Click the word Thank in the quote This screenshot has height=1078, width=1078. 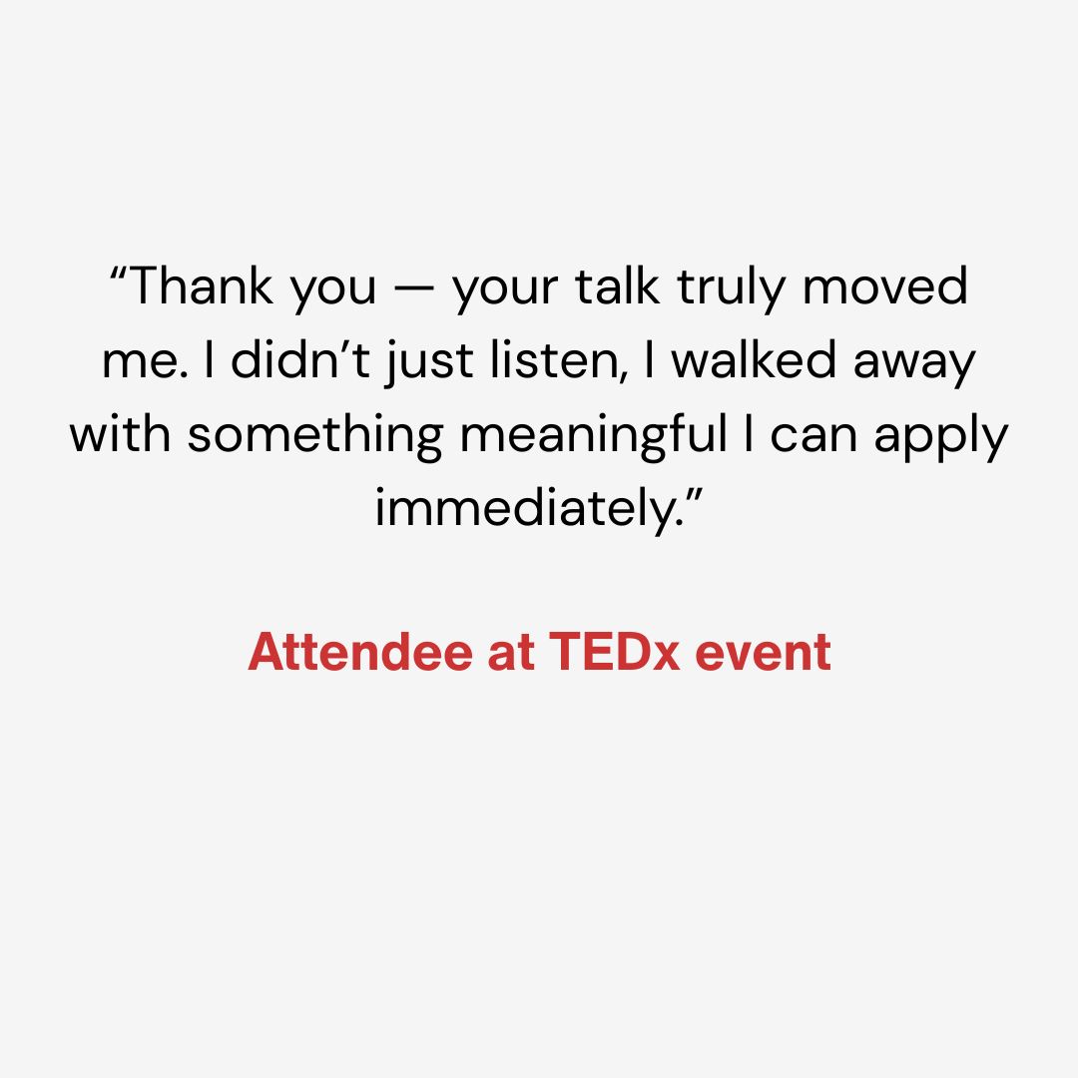coord(199,286)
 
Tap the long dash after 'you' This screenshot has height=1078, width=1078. coord(415,288)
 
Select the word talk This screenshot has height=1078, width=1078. coord(617,286)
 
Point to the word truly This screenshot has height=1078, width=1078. coord(730,289)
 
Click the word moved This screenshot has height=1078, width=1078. coord(885,286)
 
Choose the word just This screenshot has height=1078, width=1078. coord(429,364)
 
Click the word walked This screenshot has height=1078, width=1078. coord(754,359)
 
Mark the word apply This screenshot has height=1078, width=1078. coord(940,438)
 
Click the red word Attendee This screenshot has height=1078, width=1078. coord(360,651)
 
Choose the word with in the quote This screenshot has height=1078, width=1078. coord(121,433)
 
